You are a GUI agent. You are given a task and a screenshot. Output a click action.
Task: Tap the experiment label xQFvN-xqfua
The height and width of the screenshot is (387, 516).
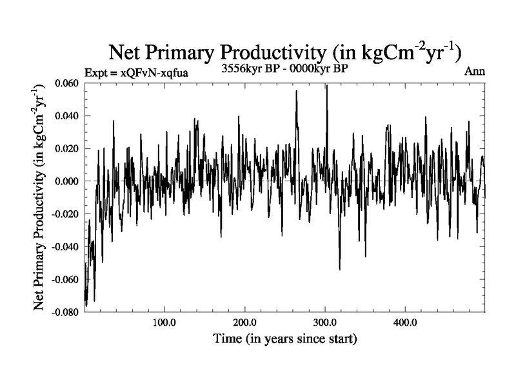136,73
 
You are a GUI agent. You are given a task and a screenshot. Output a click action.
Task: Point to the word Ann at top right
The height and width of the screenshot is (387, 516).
474,71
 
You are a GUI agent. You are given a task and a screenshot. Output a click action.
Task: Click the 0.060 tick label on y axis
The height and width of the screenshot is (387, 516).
67,83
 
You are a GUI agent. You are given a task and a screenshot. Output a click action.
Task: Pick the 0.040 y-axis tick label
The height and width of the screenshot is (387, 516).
67,116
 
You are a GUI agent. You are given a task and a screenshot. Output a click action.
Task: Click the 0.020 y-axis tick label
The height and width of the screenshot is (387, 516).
67,149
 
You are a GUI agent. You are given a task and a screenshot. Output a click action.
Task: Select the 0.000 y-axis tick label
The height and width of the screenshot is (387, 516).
67,181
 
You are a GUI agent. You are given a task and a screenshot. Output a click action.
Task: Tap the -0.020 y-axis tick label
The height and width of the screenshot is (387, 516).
65,214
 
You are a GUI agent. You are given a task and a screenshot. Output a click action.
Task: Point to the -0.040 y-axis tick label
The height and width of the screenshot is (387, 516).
65,247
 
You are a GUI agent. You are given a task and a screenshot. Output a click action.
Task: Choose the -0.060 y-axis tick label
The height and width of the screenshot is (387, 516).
65,280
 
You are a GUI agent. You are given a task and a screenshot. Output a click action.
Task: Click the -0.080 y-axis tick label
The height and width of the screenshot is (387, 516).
65,312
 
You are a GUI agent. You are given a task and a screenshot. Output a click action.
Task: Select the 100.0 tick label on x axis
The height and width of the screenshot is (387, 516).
164,322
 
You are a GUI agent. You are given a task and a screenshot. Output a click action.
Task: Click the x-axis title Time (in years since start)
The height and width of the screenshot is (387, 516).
284,339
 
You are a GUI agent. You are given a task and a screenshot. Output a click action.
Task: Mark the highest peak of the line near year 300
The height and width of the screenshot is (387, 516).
327,85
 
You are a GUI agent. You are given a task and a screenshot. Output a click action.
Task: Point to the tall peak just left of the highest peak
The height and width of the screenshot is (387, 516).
297,91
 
